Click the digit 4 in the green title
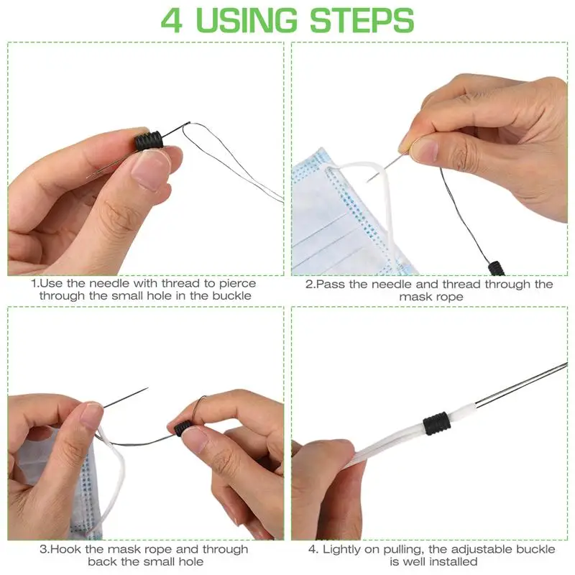(171, 20)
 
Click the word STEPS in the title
(362, 20)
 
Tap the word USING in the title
(247, 20)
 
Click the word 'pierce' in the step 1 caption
(237, 283)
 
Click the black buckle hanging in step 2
(497, 268)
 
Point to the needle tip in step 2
(367, 181)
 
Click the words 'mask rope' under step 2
(431, 297)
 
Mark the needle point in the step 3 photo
(147, 388)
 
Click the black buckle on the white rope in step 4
(436, 423)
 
